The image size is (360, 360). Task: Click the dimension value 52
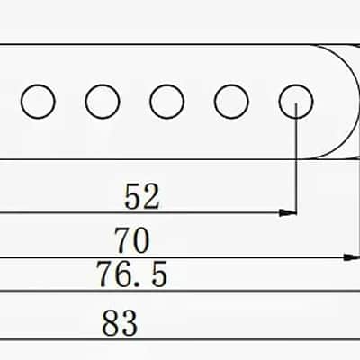(x=142, y=197)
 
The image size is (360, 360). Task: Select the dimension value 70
(x=132, y=240)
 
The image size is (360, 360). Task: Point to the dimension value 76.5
(x=131, y=274)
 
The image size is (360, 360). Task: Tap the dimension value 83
(x=120, y=323)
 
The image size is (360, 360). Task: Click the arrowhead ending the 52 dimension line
(x=287, y=213)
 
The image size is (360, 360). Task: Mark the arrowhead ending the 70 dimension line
(x=352, y=257)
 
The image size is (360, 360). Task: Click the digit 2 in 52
(x=151, y=197)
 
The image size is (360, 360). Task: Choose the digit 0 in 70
(x=141, y=240)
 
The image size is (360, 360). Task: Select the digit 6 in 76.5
(x=124, y=274)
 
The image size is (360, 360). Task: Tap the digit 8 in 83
(x=111, y=323)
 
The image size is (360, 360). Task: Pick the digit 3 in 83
(x=130, y=323)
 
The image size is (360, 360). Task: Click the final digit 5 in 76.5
(x=159, y=274)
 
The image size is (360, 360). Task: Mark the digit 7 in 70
(x=123, y=240)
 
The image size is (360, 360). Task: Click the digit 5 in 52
(x=132, y=197)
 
